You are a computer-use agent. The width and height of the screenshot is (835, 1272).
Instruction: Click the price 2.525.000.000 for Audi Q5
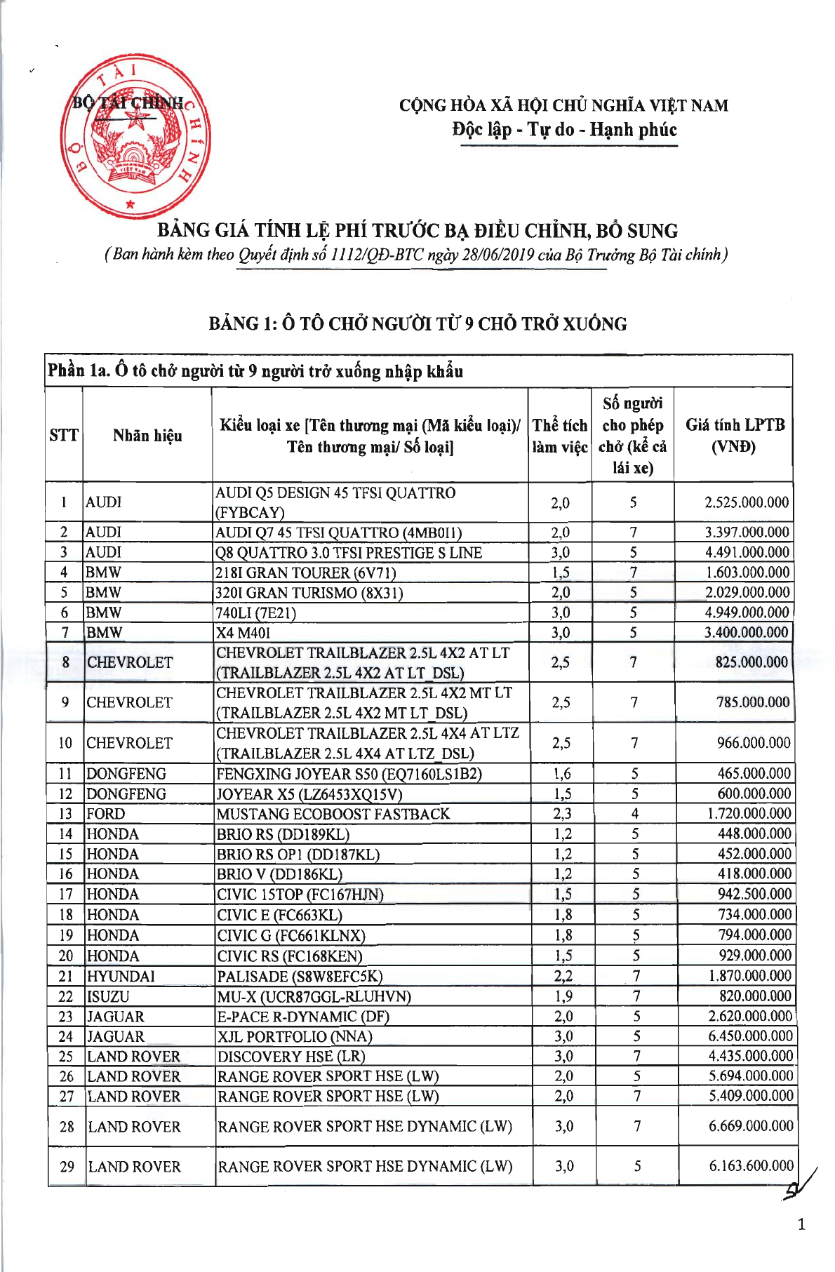[747, 502]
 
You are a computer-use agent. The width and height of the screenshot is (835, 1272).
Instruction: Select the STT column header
[64, 435]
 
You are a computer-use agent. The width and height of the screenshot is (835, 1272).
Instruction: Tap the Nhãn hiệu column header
[147, 435]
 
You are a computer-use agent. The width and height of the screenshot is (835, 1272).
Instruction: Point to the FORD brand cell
[106, 814]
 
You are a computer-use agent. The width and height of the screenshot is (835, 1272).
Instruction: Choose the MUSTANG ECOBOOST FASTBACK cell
[333, 814]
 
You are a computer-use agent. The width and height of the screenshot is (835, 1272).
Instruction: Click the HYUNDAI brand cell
[121, 976]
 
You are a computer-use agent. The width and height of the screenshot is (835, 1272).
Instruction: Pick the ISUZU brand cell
[108, 996]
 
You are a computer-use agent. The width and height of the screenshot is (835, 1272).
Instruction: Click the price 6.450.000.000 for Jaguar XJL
[750, 1036]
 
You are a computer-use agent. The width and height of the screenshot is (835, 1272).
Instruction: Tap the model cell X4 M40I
[243, 632]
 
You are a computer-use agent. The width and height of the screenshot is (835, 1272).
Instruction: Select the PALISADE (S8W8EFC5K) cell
[300, 976]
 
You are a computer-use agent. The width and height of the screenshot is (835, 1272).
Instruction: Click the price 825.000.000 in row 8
[751, 662]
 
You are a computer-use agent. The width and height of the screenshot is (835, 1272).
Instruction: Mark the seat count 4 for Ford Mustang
[635, 814]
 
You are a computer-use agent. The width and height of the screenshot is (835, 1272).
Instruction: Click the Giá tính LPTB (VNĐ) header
[735, 435]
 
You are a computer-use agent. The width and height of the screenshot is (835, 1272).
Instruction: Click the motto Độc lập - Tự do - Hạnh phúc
[564, 130]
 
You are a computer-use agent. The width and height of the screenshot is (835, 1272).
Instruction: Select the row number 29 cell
[67, 1167]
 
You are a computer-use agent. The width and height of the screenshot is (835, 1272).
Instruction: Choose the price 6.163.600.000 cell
[751, 1166]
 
